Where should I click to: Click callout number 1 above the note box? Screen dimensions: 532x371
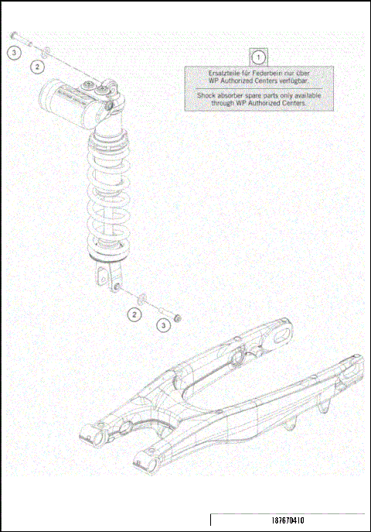click(x=259, y=56)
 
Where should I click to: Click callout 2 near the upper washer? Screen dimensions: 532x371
click(x=37, y=68)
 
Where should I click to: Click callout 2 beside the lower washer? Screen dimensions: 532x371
click(x=134, y=314)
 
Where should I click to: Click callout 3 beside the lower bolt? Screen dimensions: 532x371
click(x=164, y=326)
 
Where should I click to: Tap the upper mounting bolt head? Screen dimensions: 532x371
click(x=14, y=35)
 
